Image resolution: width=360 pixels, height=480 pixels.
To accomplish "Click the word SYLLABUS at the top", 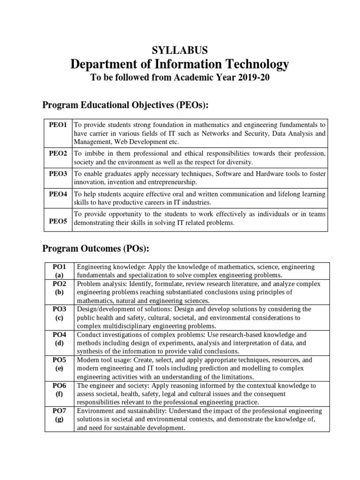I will tap(180, 50).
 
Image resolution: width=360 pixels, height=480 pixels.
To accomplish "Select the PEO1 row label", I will tap(58, 125).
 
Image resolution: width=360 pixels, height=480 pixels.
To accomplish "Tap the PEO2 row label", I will tap(58, 153).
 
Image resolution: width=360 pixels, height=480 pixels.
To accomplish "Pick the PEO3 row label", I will tap(58, 173).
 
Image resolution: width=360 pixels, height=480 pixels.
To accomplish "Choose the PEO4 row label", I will tap(58, 194).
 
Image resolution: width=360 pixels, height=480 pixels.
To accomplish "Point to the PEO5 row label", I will tap(58, 221).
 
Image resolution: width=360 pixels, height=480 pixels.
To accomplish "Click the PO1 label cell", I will tap(59, 271).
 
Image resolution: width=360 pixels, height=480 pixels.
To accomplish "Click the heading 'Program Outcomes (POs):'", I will tap(96, 248).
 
